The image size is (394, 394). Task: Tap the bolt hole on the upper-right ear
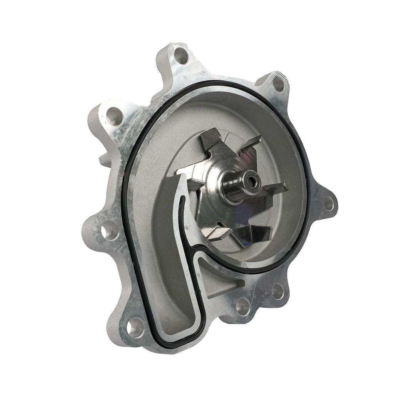pos(278,84)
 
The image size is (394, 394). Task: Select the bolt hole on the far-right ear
pos(329,203)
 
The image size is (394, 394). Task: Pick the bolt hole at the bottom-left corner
pos(136,328)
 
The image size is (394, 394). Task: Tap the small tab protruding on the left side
pos(103,159)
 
